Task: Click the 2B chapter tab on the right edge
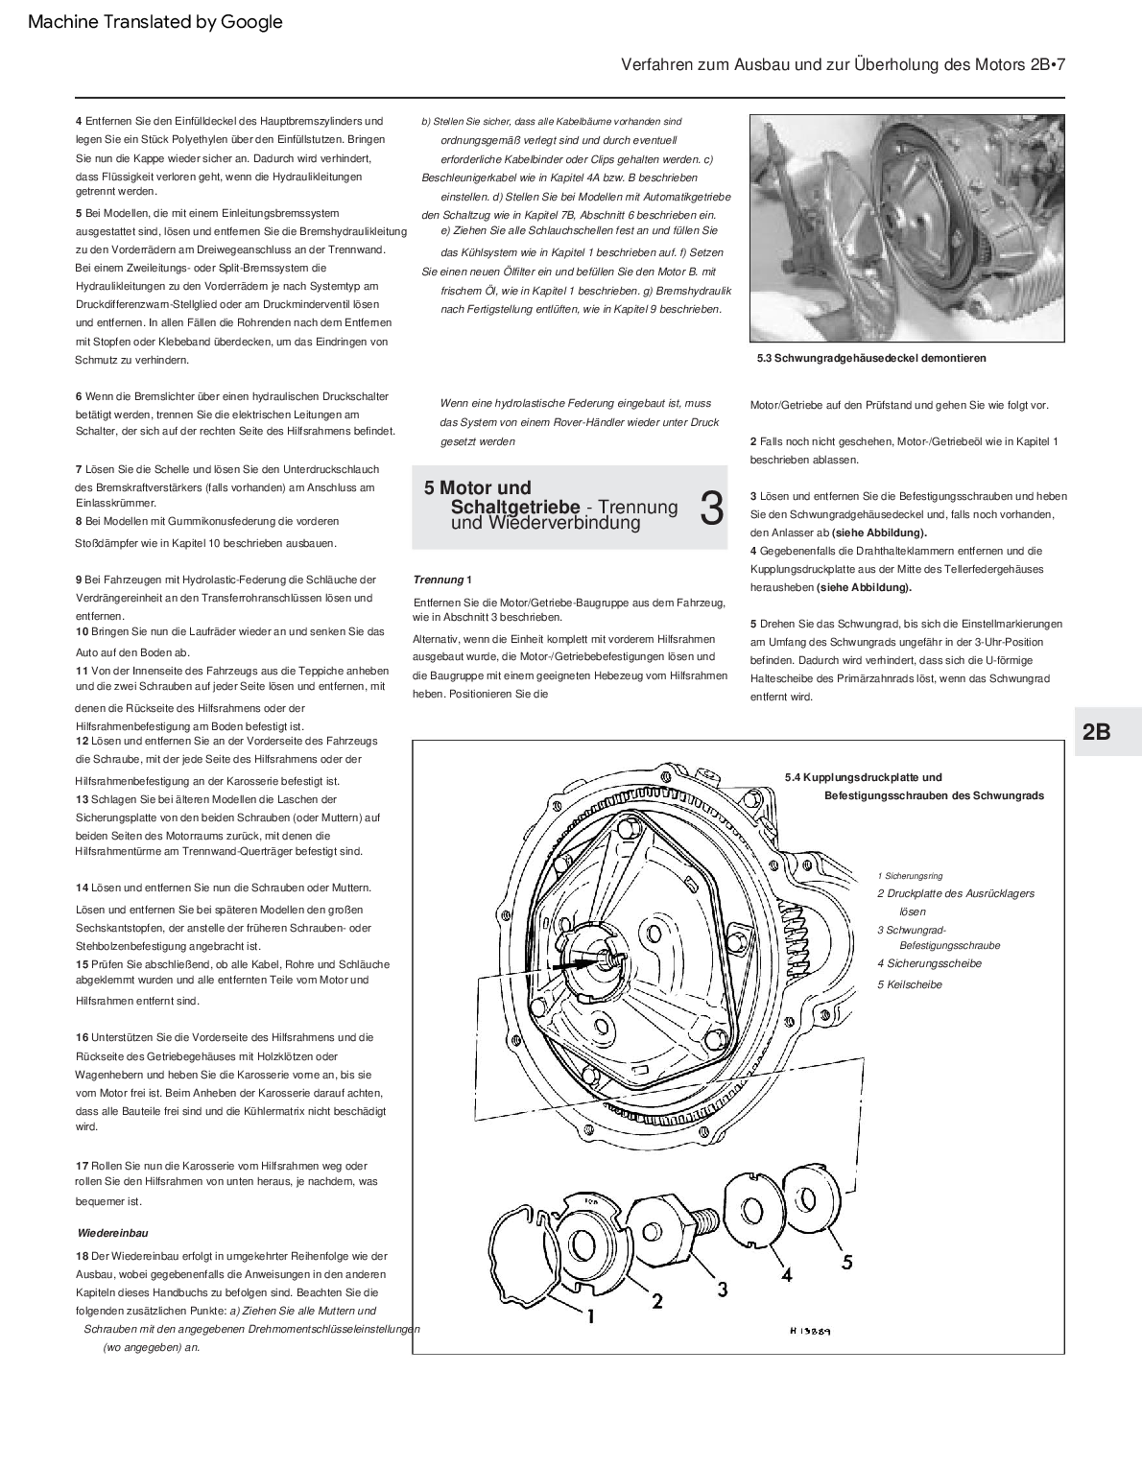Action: tap(1096, 732)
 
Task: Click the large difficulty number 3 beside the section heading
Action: tap(711, 508)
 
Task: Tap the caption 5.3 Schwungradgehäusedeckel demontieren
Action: tap(871, 358)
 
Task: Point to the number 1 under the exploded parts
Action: tap(591, 1317)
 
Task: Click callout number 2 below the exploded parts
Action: tap(657, 1301)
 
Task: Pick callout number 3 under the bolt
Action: tap(722, 1288)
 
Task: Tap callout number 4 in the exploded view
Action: tap(786, 1275)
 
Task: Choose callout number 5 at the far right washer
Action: tap(846, 1262)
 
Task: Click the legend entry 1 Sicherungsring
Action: tap(910, 875)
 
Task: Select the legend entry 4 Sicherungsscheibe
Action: tap(929, 963)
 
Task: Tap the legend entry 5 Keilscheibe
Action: tap(910, 984)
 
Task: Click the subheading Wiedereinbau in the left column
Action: tap(112, 1232)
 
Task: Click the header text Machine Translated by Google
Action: tap(155, 22)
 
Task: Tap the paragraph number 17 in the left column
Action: tap(83, 1165)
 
